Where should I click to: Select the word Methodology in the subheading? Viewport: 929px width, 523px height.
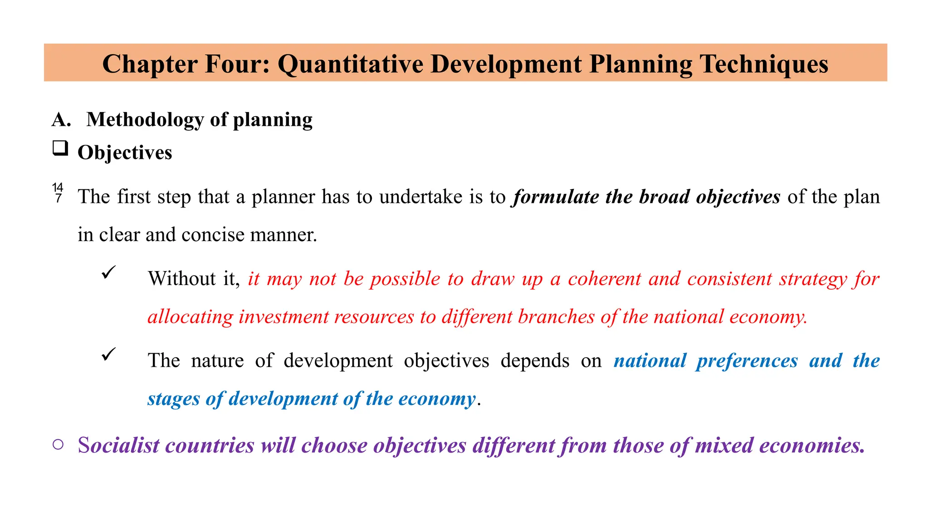click(145, 120)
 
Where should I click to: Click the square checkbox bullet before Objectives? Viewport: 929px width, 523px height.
click(60, 148)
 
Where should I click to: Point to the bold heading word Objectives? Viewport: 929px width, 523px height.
click(125, 153)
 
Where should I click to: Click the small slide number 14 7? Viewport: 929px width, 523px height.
click(58, 192)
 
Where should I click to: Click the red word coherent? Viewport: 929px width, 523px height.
click(604, 279)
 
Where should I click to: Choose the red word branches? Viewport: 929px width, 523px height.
click(556, 317)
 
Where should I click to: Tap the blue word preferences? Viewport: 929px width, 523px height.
click(747, 361)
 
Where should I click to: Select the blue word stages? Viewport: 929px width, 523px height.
click(173, 399)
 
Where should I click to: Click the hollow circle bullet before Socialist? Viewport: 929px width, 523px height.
click(58, 444)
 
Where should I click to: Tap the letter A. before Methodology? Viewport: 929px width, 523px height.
click(61, 120)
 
